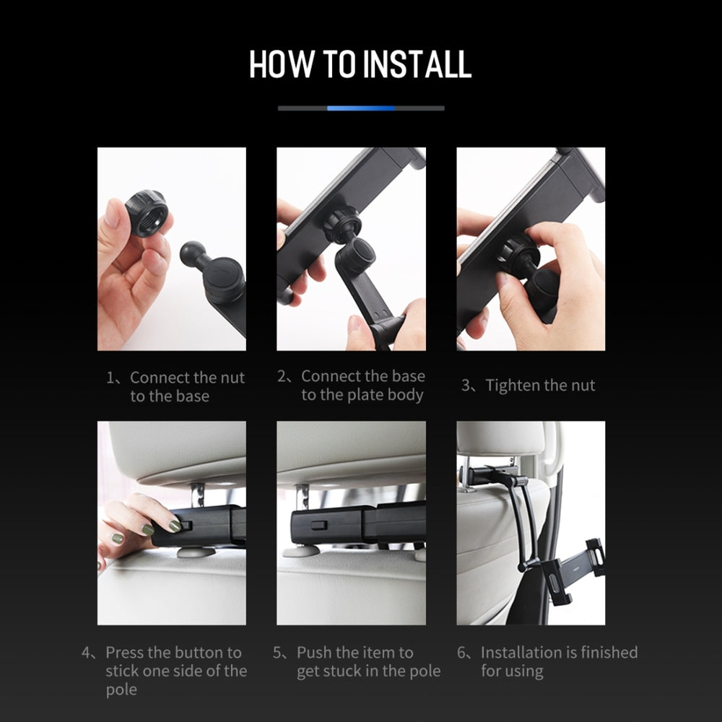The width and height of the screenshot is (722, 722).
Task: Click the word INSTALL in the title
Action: pyautogui.click(x=417, y=64)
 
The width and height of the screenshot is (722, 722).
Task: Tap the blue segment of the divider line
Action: pyautogui.click(x=360, y=108)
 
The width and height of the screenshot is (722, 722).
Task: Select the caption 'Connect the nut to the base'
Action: pyautogui.click(x=176, y=386)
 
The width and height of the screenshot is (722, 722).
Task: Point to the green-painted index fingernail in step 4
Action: pyautogui.click(x=174, y=526)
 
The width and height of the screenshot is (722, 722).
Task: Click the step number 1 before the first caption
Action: pyautogui.click(x=111, y=378)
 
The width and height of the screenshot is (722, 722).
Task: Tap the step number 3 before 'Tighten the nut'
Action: pyautogui.click(x=466, y=386)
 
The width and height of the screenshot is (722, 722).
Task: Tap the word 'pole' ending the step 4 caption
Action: pyautogui.click(x=121, y=690)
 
